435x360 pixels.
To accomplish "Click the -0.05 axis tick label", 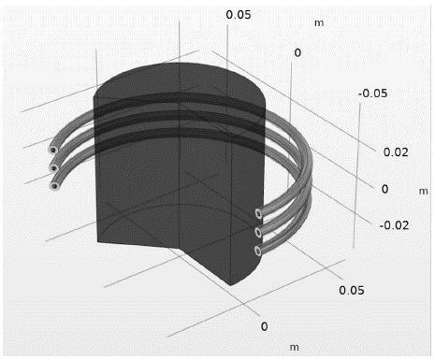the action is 372,94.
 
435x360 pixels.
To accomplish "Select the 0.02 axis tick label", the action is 396,152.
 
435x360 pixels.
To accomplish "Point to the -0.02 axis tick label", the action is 394,225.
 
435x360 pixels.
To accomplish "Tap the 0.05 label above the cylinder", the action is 239,15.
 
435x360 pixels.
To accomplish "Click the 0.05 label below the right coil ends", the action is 352,290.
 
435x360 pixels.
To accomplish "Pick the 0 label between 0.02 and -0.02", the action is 385,189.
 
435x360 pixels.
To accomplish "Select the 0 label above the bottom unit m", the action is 264,326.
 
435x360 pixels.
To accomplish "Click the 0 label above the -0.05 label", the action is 297,52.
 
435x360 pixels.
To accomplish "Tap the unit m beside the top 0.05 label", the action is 319,23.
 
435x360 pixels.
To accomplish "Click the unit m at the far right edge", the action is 423,191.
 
